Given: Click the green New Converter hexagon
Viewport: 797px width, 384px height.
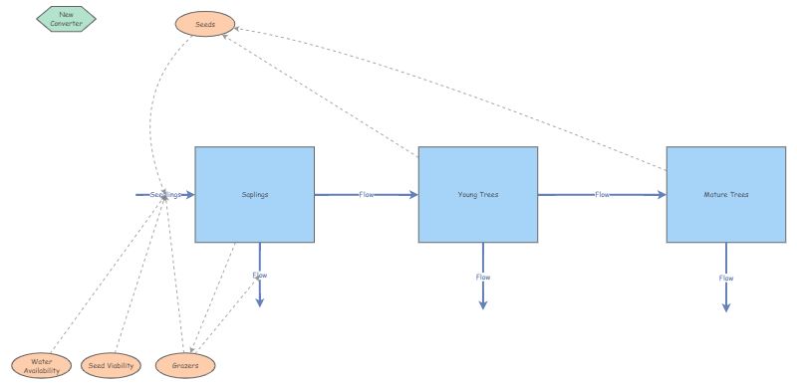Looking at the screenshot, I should [x=66, y=19].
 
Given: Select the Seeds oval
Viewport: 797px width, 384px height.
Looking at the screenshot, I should [x=204, y=24].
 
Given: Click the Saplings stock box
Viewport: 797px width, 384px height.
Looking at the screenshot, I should [x=255, y=195].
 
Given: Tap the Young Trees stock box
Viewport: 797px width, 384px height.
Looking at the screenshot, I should [x=478, y=195].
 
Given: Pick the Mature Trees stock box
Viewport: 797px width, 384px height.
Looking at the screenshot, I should [x=726, y=195].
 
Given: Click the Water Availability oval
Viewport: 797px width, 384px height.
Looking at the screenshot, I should [x=41, y=366].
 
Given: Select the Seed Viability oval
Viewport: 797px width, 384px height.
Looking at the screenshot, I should [x=111, y=366].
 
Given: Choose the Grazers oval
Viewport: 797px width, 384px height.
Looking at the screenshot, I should [x=185, y=366].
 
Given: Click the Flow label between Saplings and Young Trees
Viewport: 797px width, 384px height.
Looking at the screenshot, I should [x=367, y=195].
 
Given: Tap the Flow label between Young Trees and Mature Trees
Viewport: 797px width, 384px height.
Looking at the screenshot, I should [x=602, y=195].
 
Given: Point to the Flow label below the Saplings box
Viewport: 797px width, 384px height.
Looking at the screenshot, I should [x=260, y=275].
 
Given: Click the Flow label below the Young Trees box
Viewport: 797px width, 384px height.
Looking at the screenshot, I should [x=483, y=277].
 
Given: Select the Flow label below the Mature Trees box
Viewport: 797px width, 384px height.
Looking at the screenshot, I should [x=726, y=278].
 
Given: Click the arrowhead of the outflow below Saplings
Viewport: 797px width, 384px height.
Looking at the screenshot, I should [x=260, y=302].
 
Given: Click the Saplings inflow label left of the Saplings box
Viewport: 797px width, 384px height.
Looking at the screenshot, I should [x=165, y=195].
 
